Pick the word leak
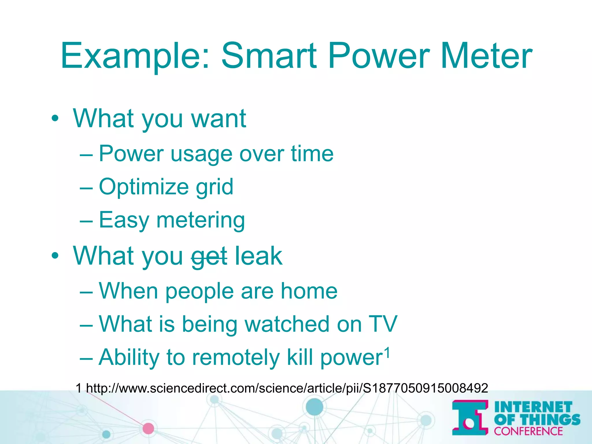click(x=258, y=256)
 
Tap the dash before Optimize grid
click(x=86, y=187)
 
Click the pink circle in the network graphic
click(x=148, y=428)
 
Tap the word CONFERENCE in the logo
click(x=528, y=431)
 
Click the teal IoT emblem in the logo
click(x=470, y=417)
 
